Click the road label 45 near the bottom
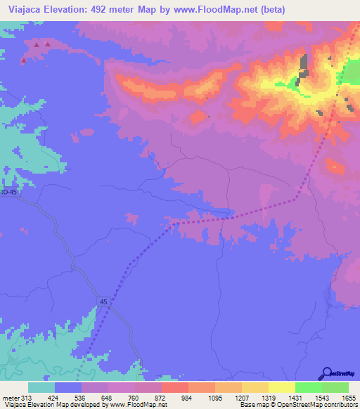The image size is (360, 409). [x=103, y=301]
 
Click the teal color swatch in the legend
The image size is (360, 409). [x=41, y=388]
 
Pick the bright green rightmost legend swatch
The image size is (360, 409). [x=335, y=388]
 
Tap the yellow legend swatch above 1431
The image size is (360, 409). [x=281, y=388]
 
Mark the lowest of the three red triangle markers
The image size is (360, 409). [x=24, y=60]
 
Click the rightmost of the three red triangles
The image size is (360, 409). [x=48, y=44]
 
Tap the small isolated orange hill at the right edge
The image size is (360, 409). [x=335, y=168]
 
